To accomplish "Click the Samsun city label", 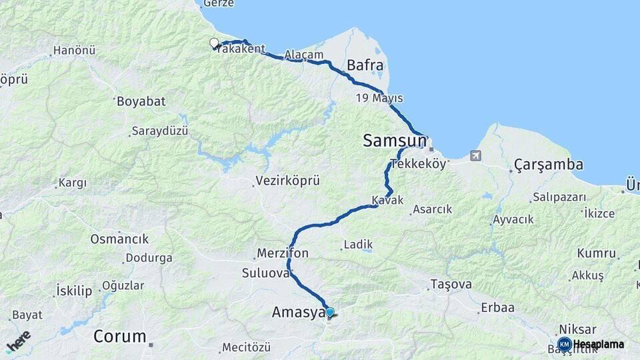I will pos(395,141).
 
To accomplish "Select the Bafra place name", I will pos(365,65).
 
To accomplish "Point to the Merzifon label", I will pos(281,253).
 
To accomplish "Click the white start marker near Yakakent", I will pos(214,43).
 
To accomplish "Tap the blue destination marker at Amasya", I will pos(329,312).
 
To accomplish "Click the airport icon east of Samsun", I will pos(475,156).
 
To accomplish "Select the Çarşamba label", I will pos(549,164).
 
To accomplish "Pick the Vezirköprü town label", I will pos(288,181).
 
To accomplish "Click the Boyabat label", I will pos(141,101).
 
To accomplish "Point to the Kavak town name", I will pos(387,201).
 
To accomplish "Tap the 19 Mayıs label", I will pos(379,98).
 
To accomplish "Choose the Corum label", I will pos(119,336).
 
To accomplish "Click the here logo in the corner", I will pos(18,341).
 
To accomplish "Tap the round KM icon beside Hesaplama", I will pos(564,344).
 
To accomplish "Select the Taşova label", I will pos(451,284).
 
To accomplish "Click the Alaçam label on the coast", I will pos(303,55).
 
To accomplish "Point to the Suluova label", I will pos(265,273).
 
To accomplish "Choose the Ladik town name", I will pos(358,244).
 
